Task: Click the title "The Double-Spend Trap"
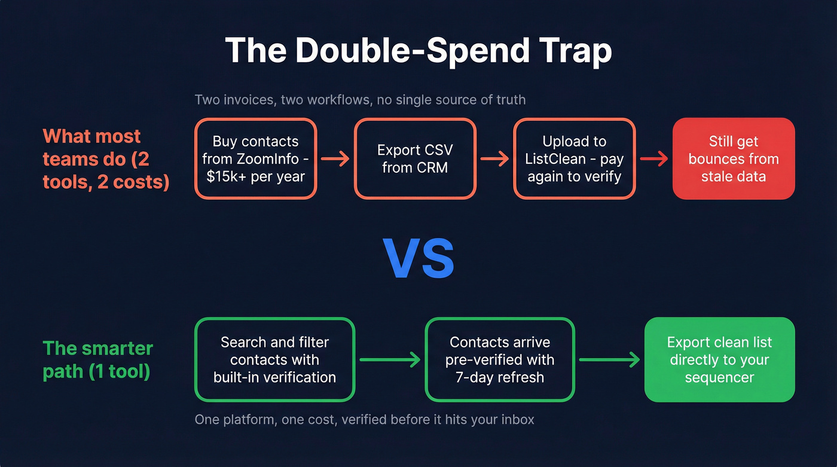(418, 51)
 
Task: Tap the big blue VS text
(418, 259)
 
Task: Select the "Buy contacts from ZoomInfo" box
(255, 158)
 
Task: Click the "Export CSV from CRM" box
(415, 158)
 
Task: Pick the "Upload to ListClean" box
(574, 158)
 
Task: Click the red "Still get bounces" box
(734, 158)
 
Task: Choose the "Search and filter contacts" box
(274, 359)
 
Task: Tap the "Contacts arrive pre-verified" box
(500, 359)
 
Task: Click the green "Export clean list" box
(719, 359)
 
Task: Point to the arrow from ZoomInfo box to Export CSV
(335, 159)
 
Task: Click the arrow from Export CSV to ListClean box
(494, 159)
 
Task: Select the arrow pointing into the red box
(653, 159)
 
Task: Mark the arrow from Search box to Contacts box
(390, 359)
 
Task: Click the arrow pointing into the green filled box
(609, 359)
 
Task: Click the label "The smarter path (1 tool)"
(98, 359)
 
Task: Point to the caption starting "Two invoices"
(361, 99)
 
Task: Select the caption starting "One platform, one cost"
(365, 419)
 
